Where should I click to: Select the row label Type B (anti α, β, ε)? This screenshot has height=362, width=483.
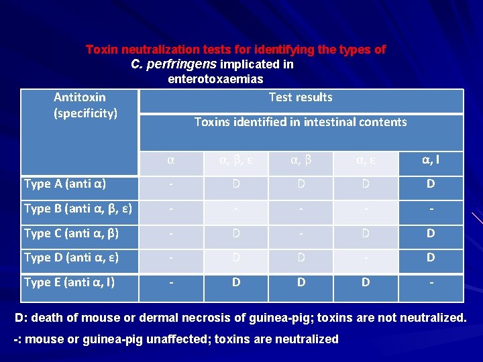point(78,208)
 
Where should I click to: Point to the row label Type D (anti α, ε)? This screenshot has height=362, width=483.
point(72,257)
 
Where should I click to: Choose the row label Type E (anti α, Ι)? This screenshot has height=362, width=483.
point(69,282)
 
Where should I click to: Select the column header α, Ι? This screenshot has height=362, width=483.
point(431,160)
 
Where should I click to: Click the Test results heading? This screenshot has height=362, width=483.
point(301,97)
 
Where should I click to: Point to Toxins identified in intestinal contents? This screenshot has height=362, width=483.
point(301,122)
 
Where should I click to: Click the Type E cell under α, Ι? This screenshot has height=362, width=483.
point(431,282)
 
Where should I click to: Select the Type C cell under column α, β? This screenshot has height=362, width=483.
point(301,233)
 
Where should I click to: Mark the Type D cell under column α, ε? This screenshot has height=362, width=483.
point(366,257)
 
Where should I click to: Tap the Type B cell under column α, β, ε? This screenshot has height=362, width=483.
point(236,208)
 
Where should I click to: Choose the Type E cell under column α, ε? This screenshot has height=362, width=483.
point(366,282)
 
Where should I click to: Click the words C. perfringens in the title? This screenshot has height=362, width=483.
point(173,64)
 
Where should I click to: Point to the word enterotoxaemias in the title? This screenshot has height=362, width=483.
point(215,79)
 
